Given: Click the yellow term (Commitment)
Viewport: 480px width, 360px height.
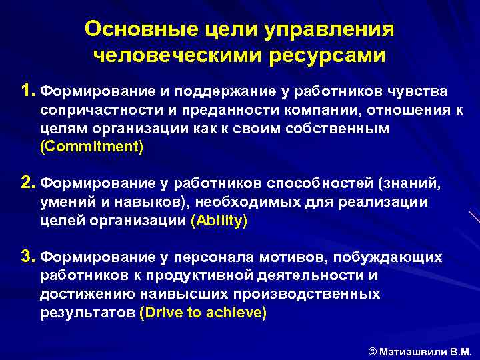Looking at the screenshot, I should (x=91, y=147).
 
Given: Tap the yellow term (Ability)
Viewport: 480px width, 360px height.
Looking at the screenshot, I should (x=219, y=221).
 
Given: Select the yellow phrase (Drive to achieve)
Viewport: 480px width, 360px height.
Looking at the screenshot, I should (x=203, y=313).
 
